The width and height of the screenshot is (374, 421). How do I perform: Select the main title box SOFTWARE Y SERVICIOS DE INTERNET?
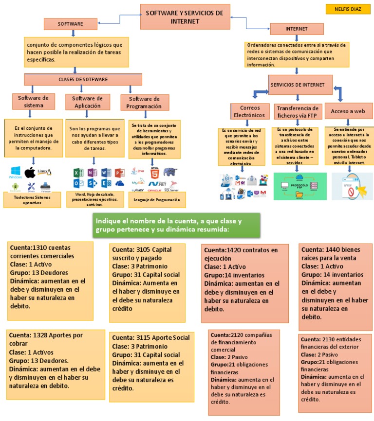(x=185, y=17)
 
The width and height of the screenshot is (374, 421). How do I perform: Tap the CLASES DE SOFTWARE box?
(x=83, y=79)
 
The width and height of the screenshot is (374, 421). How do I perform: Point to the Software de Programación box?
(x=144, y=103)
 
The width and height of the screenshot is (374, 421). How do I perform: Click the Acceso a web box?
(x=348, y=111)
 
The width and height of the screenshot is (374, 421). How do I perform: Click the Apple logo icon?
(x=30, y=172)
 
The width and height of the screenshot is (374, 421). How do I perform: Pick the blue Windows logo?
(x=15, y=172)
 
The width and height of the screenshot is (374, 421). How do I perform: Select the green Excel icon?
(x=78, y=173)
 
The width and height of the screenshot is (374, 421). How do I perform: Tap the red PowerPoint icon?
(x=120, y=173)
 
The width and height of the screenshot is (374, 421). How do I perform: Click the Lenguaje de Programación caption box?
(x=153, y=199)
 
